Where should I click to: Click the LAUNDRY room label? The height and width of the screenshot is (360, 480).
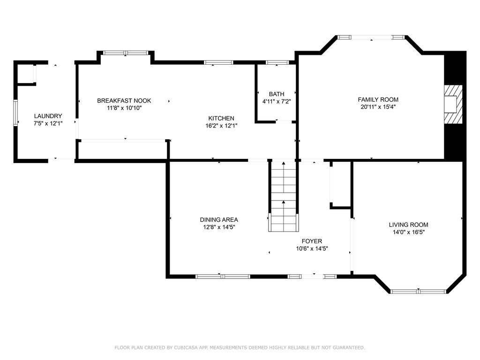[48, 116]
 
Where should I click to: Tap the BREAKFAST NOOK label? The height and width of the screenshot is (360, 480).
[124, 101]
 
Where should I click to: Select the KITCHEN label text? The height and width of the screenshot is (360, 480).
[221, 119]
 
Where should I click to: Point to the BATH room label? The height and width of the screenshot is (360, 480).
[277, 94]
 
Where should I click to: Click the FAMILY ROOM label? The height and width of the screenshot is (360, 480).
[378, 99]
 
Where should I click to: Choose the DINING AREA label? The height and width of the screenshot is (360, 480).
[219, 219]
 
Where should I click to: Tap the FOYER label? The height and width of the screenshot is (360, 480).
[312, 241]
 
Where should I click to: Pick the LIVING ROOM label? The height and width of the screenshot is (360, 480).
[408, 225]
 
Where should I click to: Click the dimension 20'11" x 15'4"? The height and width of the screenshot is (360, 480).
[378, 107]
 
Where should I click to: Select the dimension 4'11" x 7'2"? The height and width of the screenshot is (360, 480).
[277, 101]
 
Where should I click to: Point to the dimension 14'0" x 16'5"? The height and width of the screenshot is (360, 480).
[408, 232]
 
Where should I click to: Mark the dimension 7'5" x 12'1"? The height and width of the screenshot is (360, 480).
[48, 123]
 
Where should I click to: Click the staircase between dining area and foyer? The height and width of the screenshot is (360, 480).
[284, 196]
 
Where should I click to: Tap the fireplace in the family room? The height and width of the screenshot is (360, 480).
[453, 105]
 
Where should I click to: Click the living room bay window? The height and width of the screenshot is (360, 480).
[419, 291]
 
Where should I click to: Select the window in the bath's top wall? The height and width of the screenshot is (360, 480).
[277, 62]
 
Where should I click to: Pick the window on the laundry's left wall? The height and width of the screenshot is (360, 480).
[15, 113]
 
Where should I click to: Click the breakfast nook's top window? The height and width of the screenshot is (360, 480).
[126, 53]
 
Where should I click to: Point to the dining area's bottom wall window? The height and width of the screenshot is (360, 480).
[223, 277]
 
